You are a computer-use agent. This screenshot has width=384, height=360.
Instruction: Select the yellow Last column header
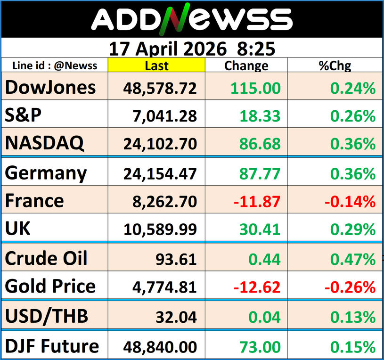tap(157, 66)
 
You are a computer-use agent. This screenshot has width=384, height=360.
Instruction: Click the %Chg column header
tap(335, 66)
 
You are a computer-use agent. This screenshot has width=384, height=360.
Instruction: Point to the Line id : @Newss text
tap(55, 66)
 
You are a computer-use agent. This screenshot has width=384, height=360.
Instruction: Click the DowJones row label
tap(50, 87)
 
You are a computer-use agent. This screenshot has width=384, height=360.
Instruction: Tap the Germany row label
tap(46, 173)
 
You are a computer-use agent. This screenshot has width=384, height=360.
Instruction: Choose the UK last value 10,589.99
tap(160, 229)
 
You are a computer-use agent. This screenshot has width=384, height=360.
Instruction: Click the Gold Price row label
tap(50, 286)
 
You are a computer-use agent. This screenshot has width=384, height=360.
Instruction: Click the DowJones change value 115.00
tap(257, 88)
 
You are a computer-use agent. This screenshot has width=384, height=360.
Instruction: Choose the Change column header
tap(246, 66)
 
